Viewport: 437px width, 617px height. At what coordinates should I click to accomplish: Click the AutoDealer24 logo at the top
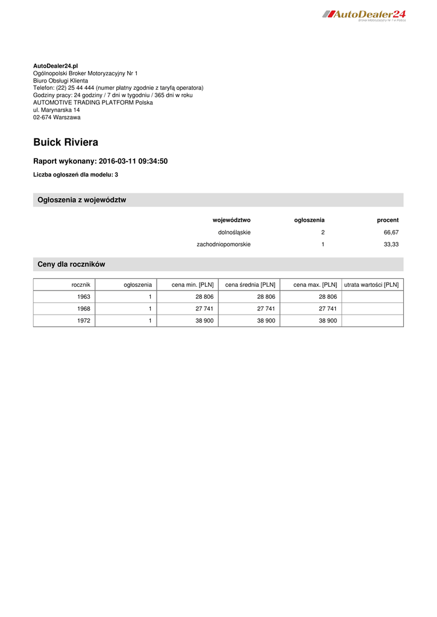(364, 15)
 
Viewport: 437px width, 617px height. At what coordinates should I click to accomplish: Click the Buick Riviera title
(66, 143)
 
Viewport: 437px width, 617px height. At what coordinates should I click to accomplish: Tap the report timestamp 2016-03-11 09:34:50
(133, 161)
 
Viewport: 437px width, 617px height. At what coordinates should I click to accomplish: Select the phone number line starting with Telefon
(118, 88)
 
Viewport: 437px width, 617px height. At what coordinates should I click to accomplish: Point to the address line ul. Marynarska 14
(56, 110)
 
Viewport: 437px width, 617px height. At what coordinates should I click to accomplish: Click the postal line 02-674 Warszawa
(57, 117)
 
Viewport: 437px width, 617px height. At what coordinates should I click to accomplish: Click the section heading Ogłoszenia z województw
(82, 200)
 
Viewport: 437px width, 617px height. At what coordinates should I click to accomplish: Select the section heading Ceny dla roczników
(71, 265)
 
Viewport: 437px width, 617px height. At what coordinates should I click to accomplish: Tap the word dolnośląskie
(234, 232)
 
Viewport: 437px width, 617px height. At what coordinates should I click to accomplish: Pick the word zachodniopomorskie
(224, 245)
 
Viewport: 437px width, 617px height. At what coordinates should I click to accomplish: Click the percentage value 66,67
(391, 232)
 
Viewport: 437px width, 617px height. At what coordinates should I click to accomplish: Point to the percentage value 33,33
(391, 245)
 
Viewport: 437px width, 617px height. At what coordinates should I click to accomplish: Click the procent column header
(388, 220)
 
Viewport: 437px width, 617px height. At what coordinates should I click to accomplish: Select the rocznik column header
(81, 284)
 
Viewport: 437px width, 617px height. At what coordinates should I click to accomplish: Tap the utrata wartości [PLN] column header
(371, 284)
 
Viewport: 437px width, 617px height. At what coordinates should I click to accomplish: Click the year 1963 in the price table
(84, 297)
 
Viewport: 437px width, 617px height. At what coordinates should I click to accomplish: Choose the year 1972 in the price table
(84, 321)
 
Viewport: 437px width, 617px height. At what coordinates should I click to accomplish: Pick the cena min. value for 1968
(204, 309)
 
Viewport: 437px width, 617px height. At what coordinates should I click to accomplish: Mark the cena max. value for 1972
(327, 321)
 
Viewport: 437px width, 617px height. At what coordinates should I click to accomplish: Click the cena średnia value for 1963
(266, 297)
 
